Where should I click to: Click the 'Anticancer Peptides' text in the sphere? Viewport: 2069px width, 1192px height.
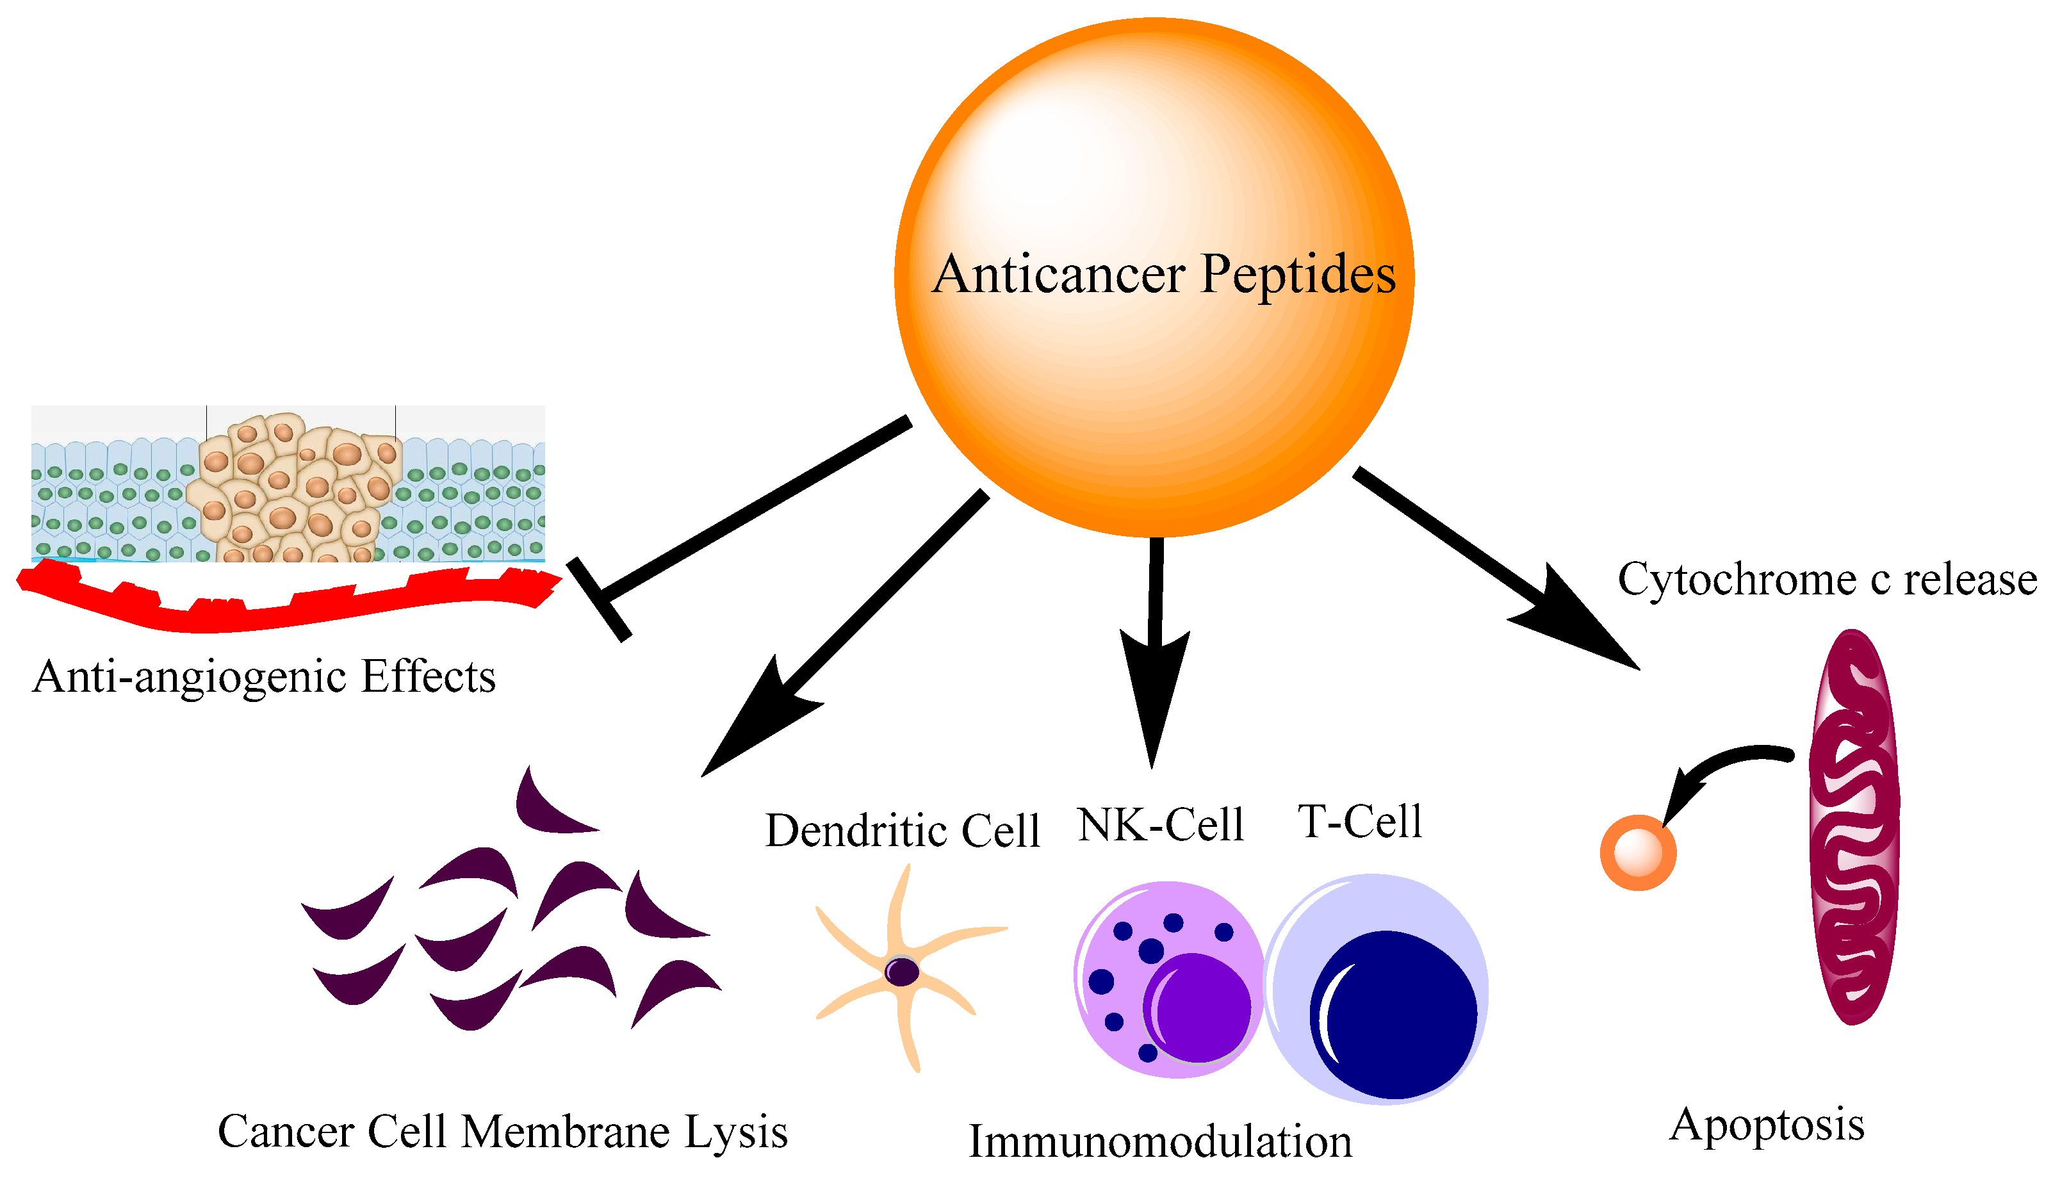[x=1163, y=274]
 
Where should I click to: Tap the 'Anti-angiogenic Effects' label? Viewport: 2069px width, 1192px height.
[x=264, y=677]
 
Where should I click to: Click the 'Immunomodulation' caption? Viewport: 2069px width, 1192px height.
[x=1159, y=1141]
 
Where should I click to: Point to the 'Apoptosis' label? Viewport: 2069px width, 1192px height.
[x=1767, y=1125]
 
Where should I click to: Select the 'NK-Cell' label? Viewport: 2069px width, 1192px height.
[x=1160, y=824]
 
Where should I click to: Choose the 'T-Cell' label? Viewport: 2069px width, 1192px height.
[x=1360, y=821]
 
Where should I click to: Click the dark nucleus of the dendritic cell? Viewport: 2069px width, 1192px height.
[x=901, y=972]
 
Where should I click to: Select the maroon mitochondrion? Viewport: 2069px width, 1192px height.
[x=1854, y=827]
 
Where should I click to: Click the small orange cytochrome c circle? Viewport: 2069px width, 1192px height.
[x=1637, y=853]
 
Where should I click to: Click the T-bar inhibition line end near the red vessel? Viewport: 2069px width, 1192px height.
[x=600, y=600]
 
